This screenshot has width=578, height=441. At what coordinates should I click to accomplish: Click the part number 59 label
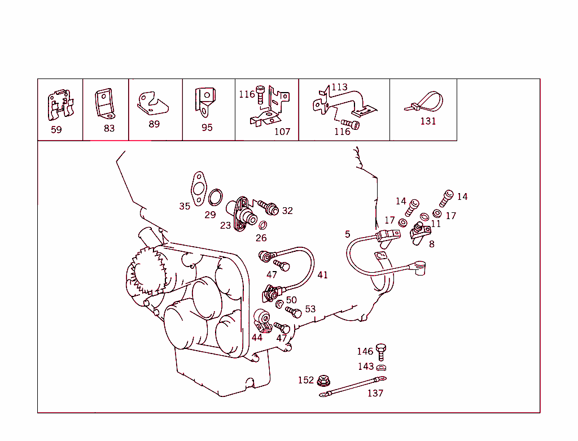pos(56,129)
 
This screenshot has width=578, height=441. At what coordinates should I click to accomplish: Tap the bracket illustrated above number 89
pos(151,102)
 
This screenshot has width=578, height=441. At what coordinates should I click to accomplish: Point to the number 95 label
pos(207,128)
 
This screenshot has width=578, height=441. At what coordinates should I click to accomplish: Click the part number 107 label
pos(282,132)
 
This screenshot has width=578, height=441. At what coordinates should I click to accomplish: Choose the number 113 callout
pos(339,88)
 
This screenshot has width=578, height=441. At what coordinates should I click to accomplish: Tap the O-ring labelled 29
pos(215,199)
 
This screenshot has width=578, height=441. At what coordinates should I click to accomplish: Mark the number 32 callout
pos(287,211)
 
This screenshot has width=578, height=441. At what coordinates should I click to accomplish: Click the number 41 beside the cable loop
pos(322,275)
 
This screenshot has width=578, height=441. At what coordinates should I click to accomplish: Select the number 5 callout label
pos(348,234)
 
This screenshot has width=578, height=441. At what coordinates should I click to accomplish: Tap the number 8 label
pos(432,244)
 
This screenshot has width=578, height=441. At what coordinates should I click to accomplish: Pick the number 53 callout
pos(310,309)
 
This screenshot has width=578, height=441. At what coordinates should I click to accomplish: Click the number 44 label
pos(257,338)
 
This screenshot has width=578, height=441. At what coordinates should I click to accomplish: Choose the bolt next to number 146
pos(381,351)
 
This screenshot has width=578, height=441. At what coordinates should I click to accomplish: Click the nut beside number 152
pos(323,381)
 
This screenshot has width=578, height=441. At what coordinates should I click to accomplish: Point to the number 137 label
pos(375,393)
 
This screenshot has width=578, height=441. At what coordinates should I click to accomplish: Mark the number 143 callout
pos(366,366)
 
